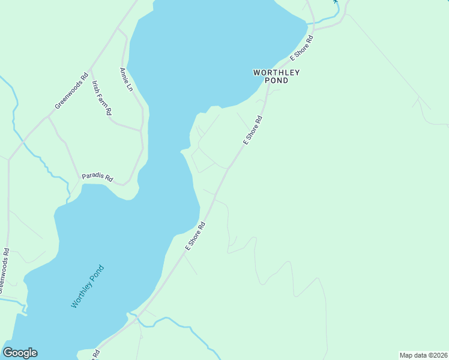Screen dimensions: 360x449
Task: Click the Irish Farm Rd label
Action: (101, 98)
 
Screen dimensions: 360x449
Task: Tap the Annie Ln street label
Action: (126, 79)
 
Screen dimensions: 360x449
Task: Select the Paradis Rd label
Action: (97, 178)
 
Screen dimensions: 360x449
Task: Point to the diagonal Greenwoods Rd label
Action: (71, 91)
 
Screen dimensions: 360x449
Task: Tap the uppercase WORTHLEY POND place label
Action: (276, 76)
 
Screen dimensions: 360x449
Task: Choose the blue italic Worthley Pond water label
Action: (88, 287)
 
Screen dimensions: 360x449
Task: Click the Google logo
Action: (20, 353)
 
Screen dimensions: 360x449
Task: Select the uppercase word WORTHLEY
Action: (276, 73)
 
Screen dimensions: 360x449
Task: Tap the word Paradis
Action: (93, 177)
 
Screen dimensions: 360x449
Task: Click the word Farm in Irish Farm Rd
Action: (101, 98)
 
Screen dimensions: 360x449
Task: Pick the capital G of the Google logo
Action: (8, 353)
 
